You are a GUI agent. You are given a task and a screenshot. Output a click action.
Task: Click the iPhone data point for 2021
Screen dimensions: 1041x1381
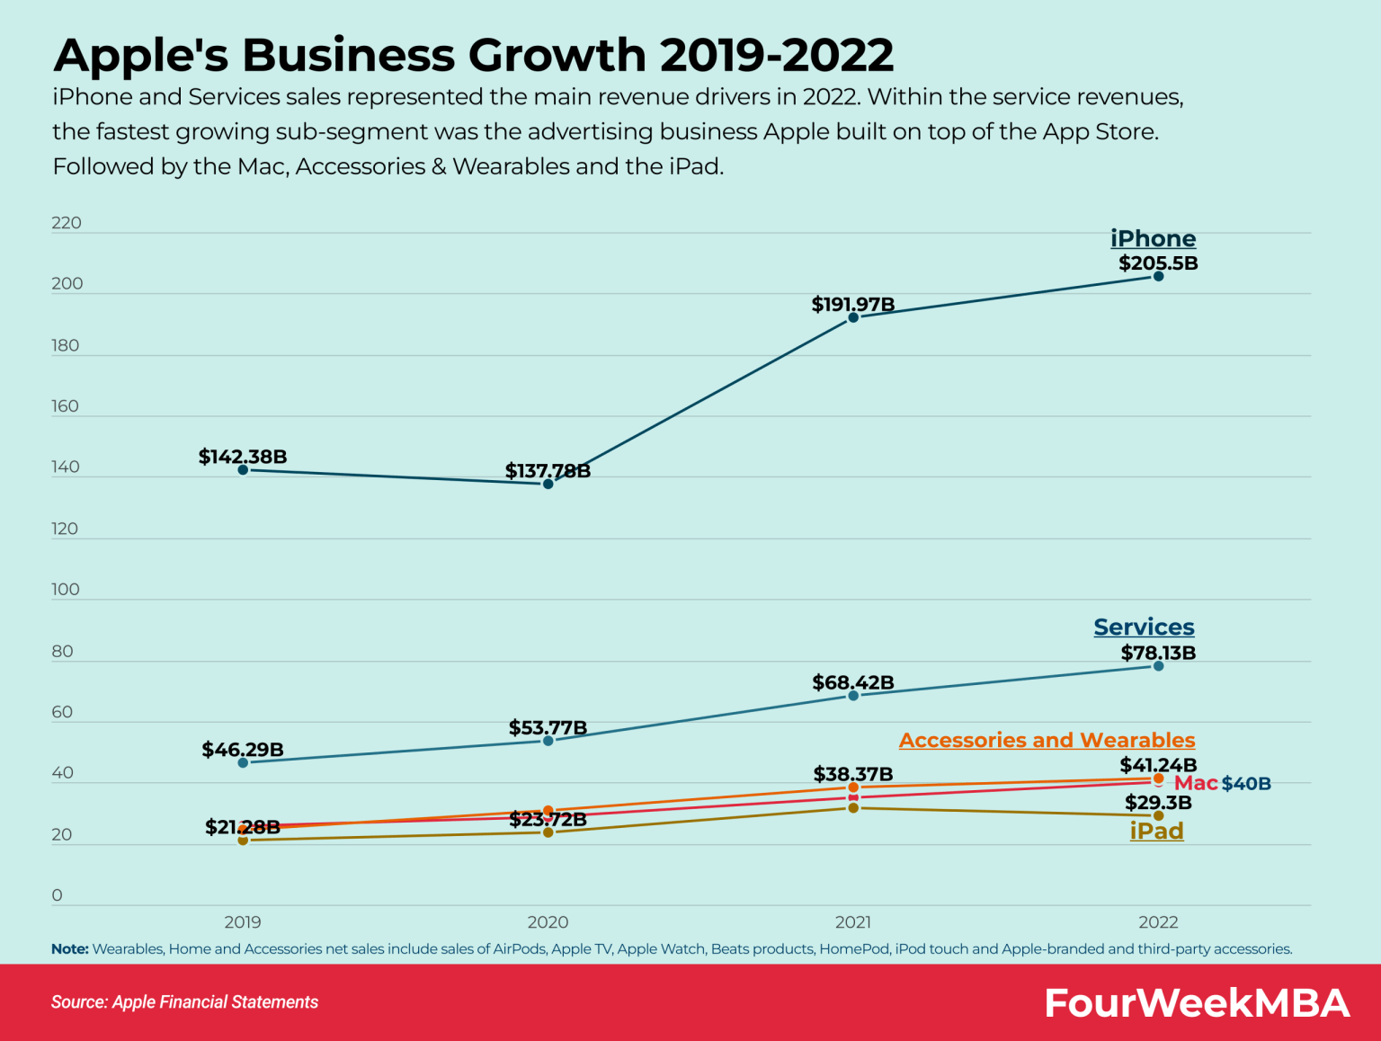853,317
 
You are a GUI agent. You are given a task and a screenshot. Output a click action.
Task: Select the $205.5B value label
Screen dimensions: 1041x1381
1158,263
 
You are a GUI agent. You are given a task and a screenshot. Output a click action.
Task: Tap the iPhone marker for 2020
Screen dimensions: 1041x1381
548,484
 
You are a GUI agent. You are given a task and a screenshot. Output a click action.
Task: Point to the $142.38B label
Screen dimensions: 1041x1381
243,457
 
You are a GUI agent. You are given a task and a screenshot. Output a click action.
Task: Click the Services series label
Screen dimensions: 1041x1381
1144,627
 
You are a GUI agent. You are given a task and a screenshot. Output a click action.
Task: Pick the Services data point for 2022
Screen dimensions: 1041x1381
1158,666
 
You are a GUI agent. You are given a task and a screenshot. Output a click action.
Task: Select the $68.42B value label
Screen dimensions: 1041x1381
853,682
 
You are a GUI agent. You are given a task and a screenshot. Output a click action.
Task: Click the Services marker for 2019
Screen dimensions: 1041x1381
243,762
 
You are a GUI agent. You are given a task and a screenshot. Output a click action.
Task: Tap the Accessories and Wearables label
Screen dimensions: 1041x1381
1047,740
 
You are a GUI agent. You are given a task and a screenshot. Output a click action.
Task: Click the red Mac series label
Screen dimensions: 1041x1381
1196,783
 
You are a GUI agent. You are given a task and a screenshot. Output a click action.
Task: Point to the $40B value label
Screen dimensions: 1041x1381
1246,784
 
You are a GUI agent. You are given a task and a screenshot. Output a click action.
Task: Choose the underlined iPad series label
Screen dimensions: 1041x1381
1156,831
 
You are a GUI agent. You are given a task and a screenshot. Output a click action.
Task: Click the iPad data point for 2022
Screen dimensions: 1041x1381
1158,815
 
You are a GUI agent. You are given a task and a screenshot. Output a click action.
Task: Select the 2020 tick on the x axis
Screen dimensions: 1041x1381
548,921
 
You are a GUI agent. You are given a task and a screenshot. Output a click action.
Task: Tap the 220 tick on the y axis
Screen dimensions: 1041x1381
67,223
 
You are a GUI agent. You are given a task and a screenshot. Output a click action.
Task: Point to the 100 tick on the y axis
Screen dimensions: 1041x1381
66,590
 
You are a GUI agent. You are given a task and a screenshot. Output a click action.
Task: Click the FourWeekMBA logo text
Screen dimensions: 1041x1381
1197,1002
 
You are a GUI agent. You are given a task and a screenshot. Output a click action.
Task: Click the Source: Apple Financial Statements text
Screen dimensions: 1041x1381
184,1002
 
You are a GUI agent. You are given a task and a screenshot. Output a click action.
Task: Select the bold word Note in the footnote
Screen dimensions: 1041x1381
69,949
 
